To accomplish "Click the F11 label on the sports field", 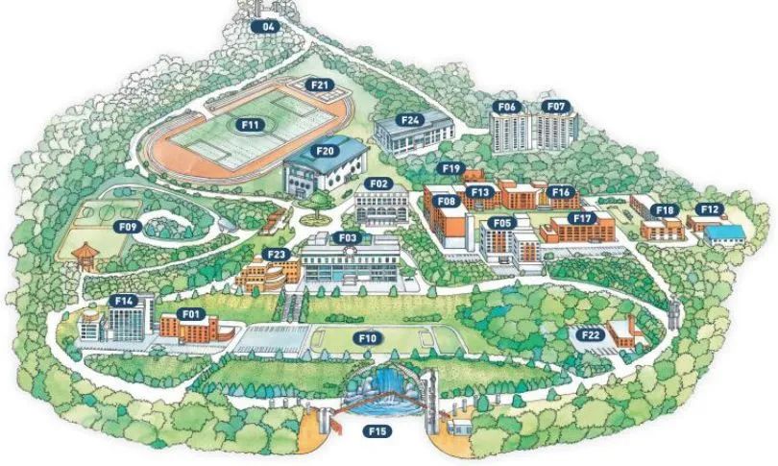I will click(252, 124).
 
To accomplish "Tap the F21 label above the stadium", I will click(320, 85).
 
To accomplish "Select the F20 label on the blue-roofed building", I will click(325, 151).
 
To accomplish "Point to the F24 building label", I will click(411, 120).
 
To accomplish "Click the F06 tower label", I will click(507, 106).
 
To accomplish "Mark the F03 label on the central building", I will click(347, 236).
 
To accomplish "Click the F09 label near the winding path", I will click(130, 227).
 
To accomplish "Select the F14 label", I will click(124, 301).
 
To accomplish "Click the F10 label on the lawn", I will click(368, 337).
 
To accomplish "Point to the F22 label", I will click(590, 333).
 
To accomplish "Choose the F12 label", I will click(710, 208).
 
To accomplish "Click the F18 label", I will click(664, 209).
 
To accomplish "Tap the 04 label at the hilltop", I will click(268, 27).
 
